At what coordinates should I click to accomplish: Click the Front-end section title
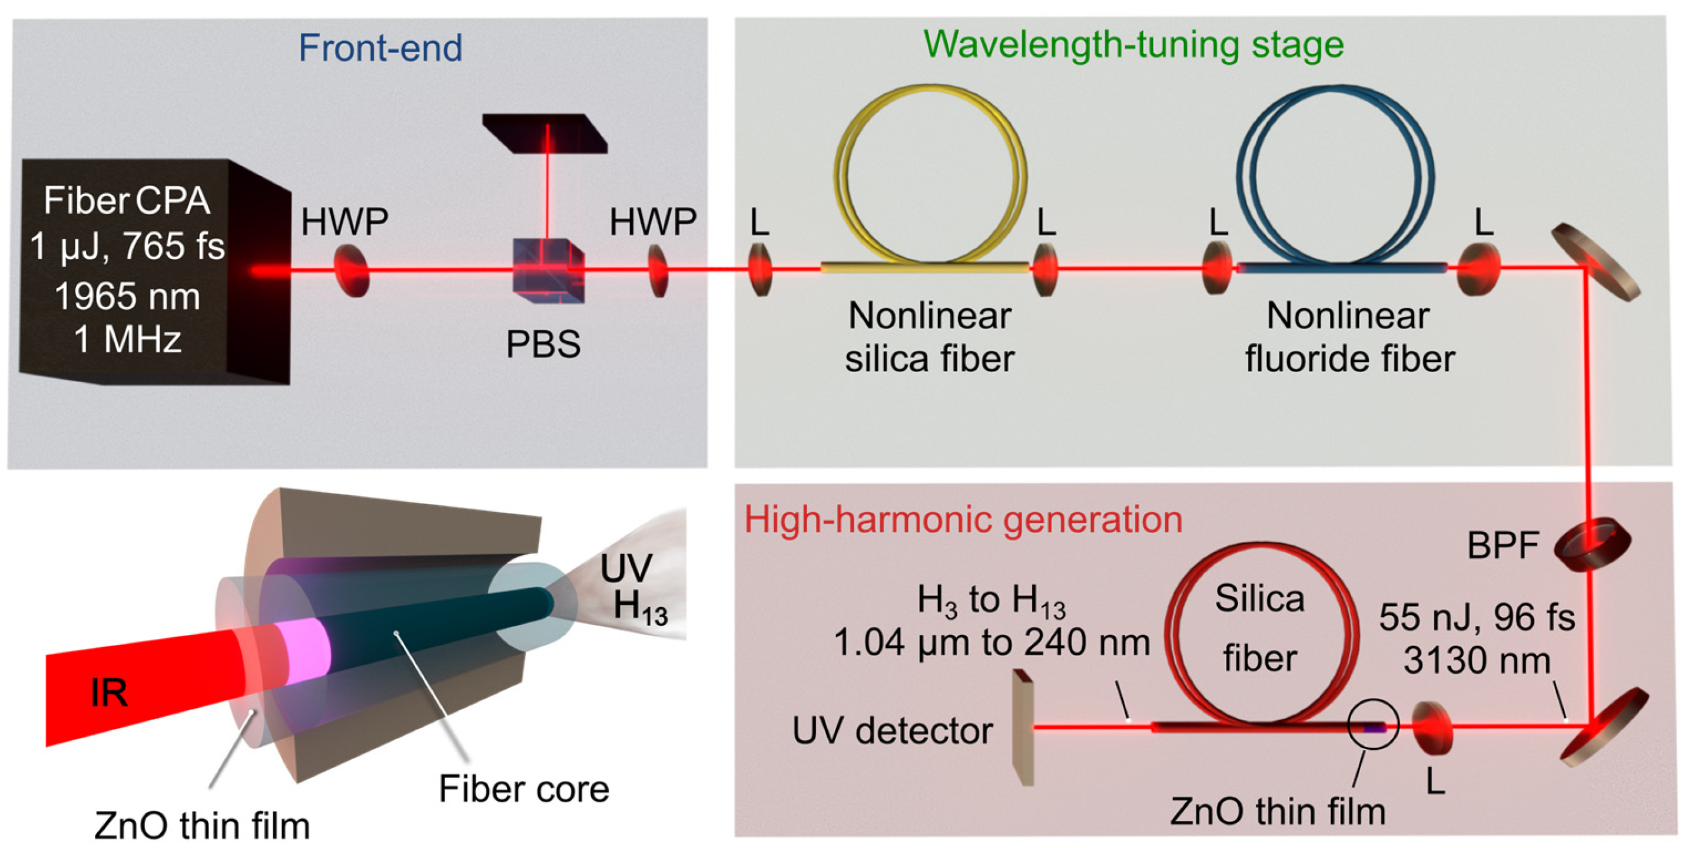click(x=380, y=48)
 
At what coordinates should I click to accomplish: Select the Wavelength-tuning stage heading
click(x=1133, y=45)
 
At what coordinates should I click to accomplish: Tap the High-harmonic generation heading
click(x=963, y=519)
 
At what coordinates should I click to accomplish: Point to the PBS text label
click(x=543, y=344)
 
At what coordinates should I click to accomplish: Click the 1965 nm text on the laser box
click(x=127, y=297)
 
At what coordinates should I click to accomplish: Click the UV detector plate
click(x=1023, y=727)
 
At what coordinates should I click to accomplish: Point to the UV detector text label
click(x=893, y=731)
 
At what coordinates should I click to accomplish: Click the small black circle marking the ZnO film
click(x=1374, y=724)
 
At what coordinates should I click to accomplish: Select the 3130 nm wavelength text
click(x=1477, y=661)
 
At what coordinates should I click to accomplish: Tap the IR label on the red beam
click(x=109, y=693)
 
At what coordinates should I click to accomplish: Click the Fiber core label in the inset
click(x=523, y=789)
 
